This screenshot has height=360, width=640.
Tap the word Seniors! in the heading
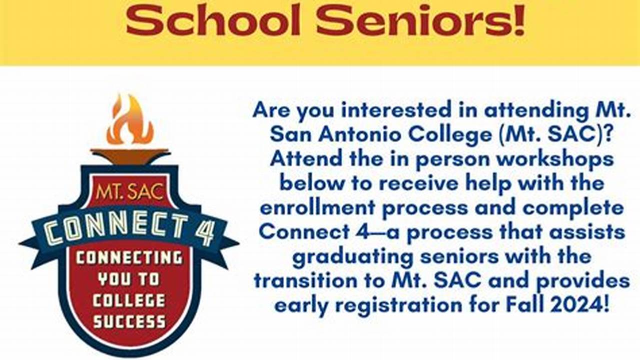(420, 20)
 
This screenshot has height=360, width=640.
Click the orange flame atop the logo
(130, 120)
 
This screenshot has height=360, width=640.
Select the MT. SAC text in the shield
(130, 192)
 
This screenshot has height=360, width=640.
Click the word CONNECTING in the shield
(129, 258)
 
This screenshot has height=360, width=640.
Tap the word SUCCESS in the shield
(130, 321)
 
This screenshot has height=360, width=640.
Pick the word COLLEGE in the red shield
(129, 300)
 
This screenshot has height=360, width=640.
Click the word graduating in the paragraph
(353, 257)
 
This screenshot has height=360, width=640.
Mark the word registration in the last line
(399, 306)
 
